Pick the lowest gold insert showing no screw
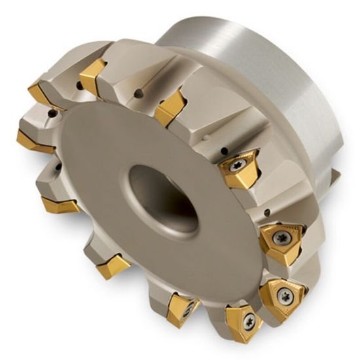point(113,266)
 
